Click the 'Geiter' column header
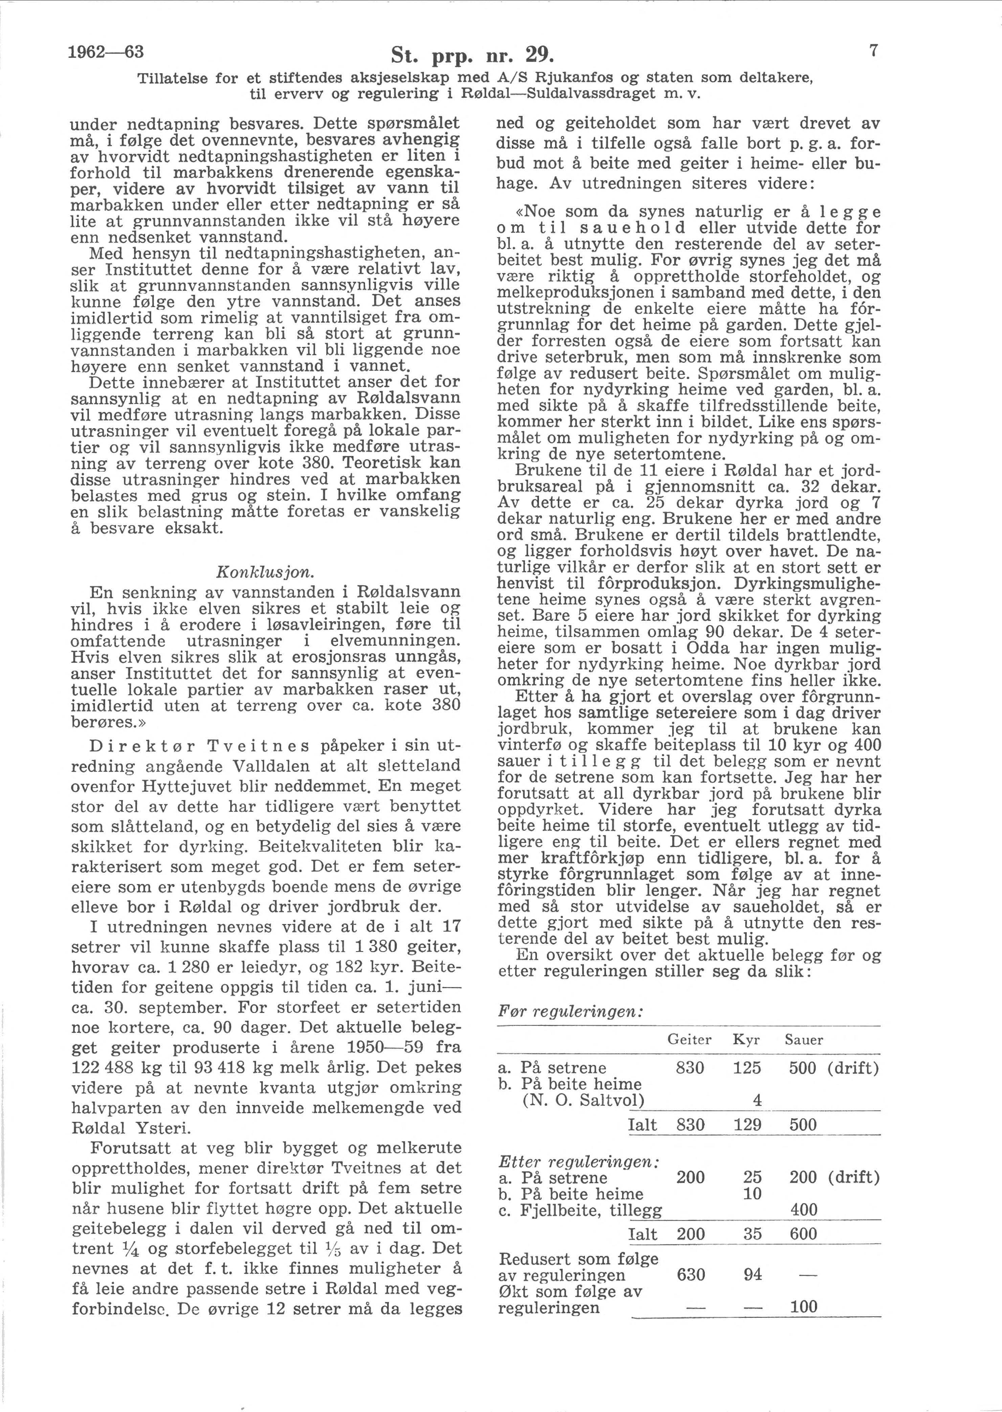coord(689,1040)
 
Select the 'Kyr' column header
coord(746,1040)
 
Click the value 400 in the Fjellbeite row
coord(803,1210)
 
